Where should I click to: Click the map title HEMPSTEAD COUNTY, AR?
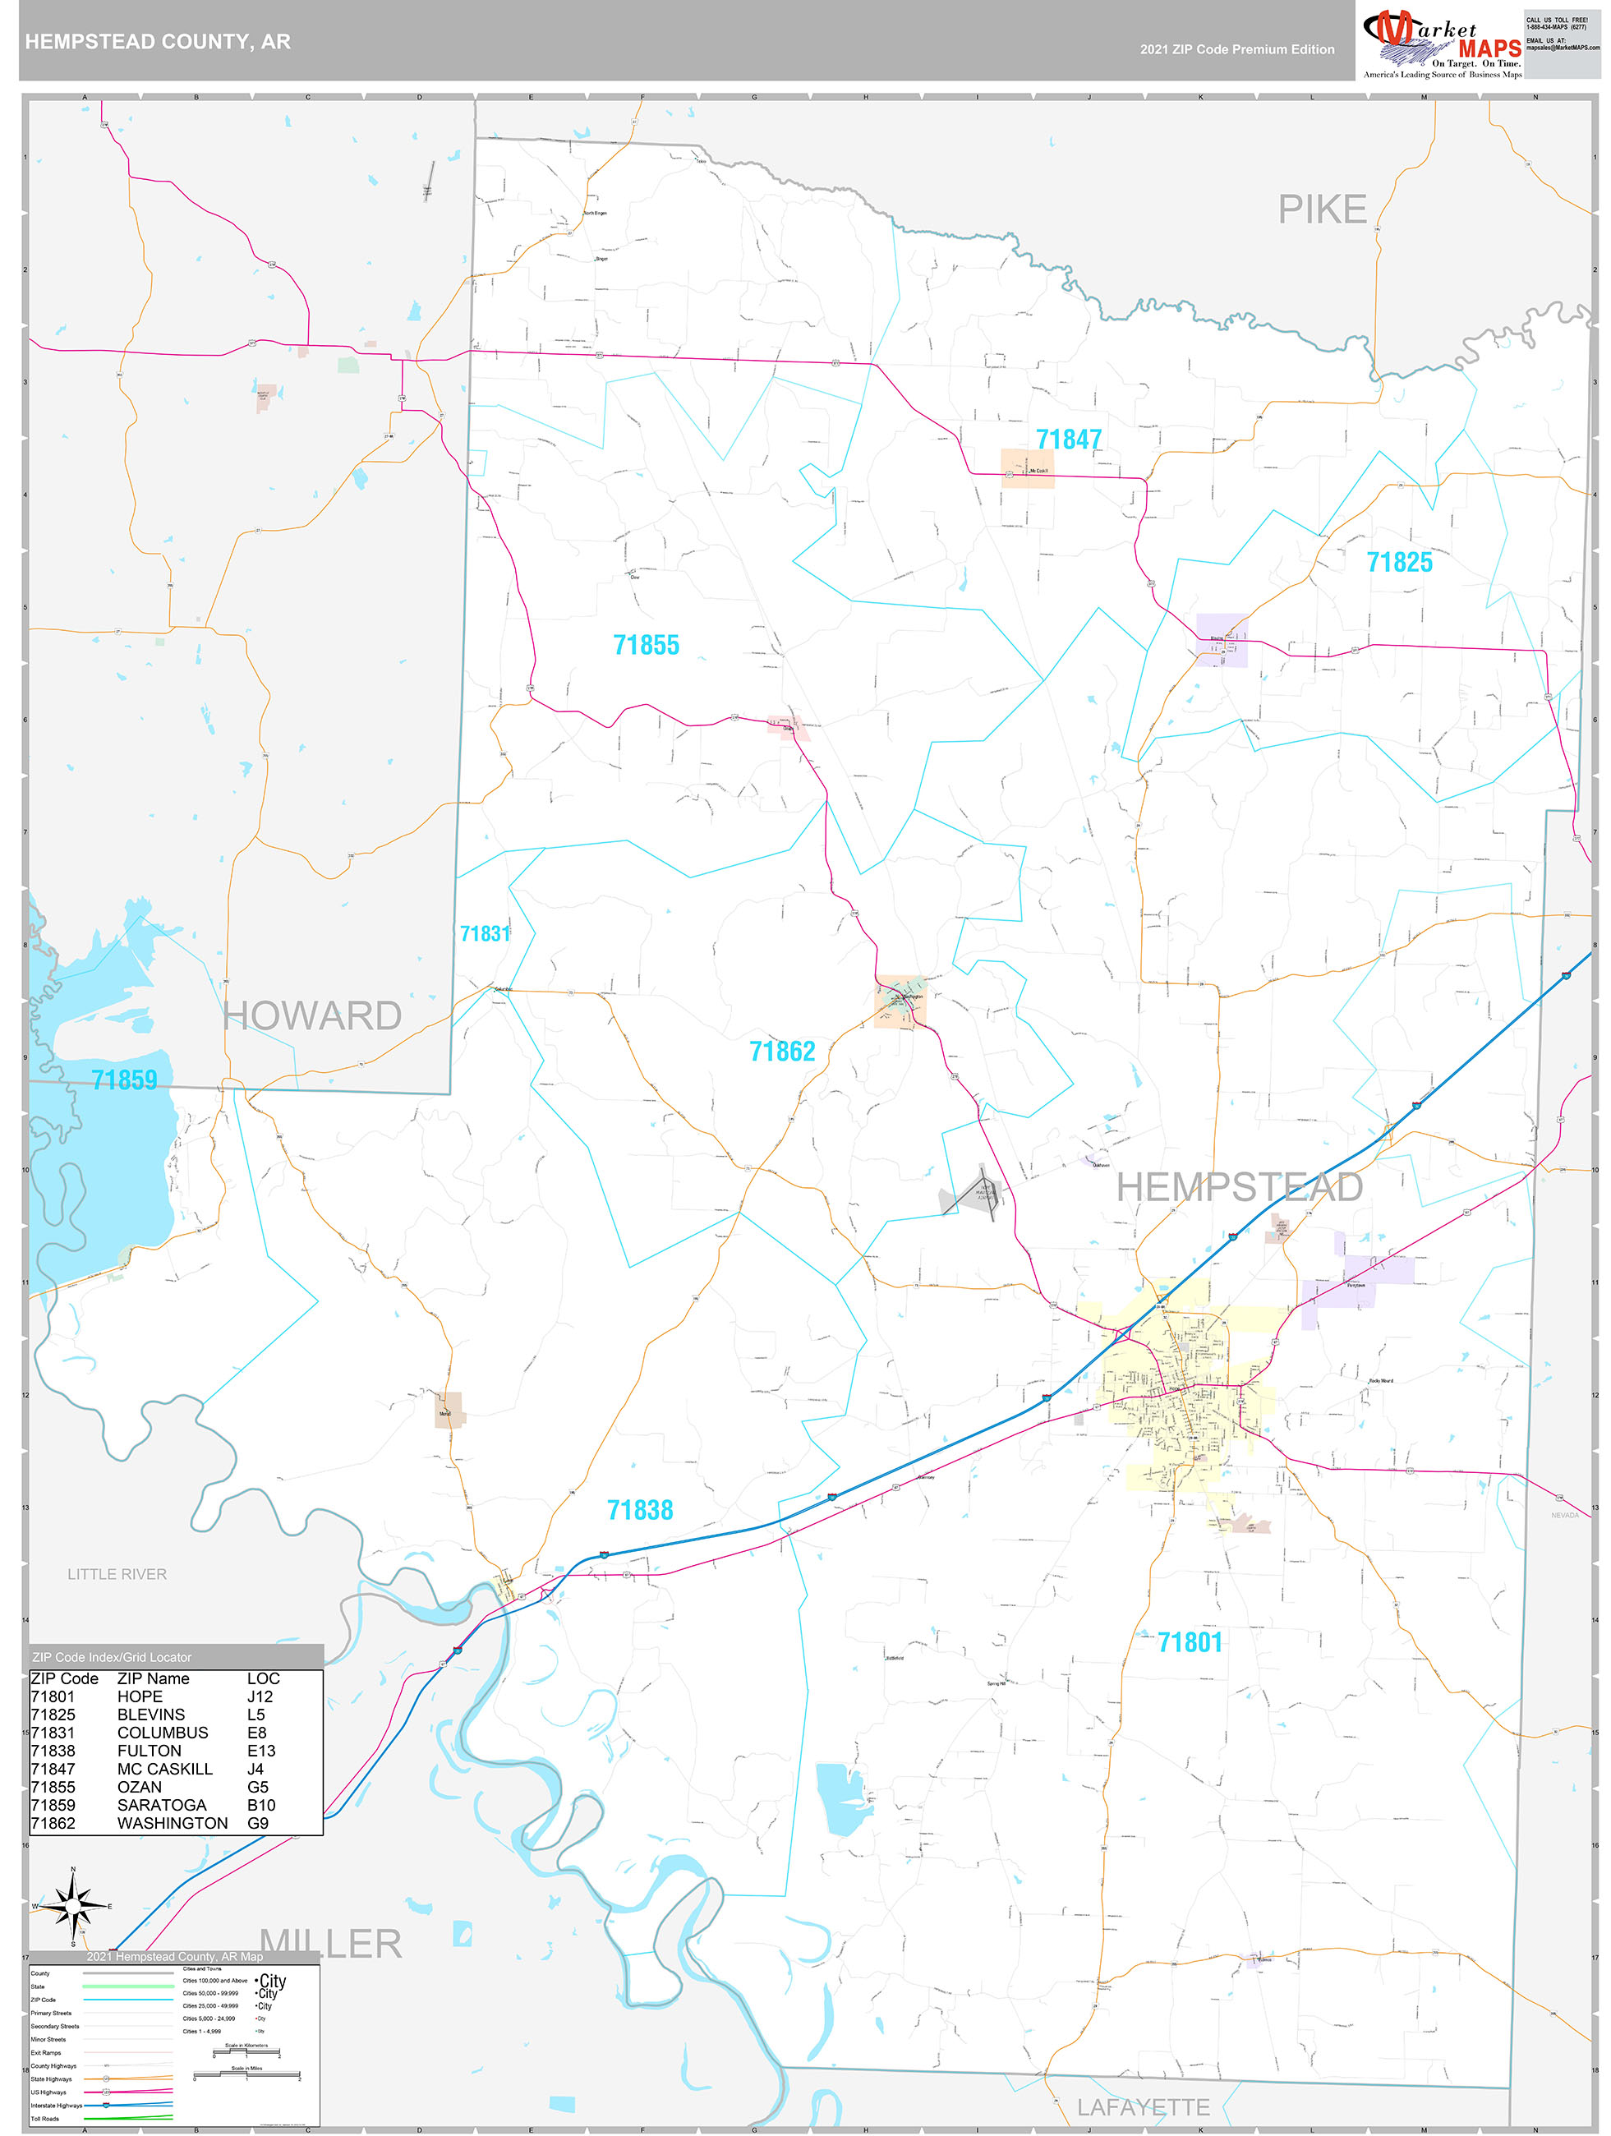tap(158, 42)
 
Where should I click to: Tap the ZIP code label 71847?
tap(1068, 440)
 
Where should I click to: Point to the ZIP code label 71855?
tap(647, 645)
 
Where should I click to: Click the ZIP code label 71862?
tap(781, 1052)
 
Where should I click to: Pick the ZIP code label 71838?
tap(639, 1510)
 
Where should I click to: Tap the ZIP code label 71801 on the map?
tap(1189, 1642)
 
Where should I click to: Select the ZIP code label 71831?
tap(484, 934)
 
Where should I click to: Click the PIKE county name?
tap(1321, 209)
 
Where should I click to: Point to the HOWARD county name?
tap(312, 1016)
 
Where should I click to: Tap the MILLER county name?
tap(330, 1944)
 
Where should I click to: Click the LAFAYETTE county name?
tap(1143, 2108)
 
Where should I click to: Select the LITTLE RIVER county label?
tap(117, 1575)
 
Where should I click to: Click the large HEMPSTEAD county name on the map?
tap(1239, 1188)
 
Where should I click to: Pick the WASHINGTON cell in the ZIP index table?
tap(172, 1823)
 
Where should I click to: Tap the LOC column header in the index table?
tap(263, 1678)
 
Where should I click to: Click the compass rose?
tap(72, 1905)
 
